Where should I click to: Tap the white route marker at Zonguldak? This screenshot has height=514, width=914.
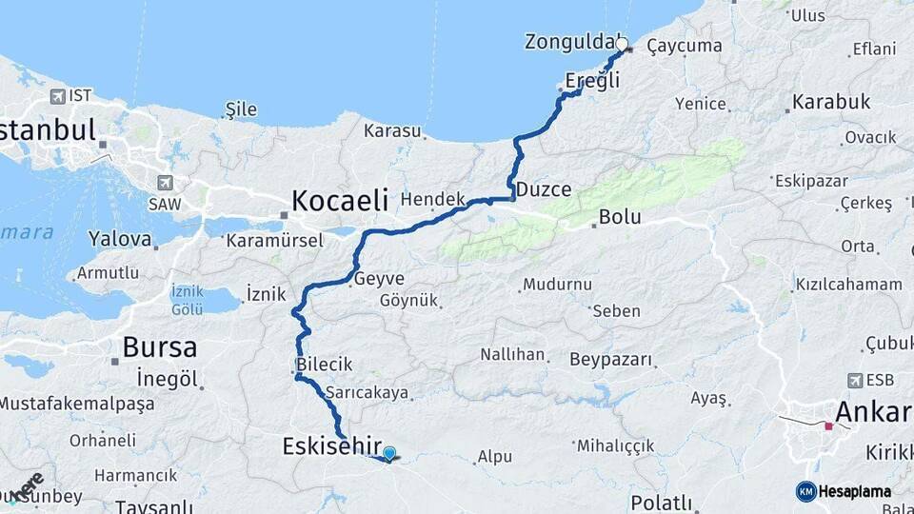point(622,44)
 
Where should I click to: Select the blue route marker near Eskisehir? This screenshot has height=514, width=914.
point(388,453)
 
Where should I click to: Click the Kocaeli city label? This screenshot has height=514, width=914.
point(340,200)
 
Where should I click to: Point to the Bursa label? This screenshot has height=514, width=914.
point(160,346)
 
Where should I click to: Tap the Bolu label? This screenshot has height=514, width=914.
point(619,218)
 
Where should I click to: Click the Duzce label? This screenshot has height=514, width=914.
point(543,189)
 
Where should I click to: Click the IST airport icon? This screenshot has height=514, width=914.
point(58,96)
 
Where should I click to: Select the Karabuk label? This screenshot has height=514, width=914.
point(831,103)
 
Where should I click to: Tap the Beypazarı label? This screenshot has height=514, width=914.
point(611,360)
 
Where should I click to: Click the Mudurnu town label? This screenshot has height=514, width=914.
point(557,285)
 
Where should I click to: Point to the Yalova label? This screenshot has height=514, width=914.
point(120,238)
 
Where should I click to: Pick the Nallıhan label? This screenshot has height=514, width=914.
point(512,355)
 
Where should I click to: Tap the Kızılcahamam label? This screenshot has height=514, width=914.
point(848,284)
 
